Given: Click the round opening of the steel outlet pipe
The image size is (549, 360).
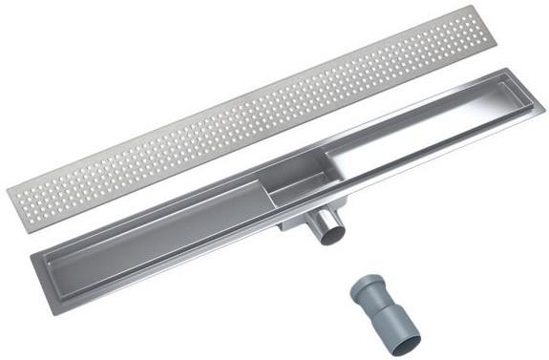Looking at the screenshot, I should click(330, 233).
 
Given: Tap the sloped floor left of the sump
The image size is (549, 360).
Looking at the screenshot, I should click(162, 225).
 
